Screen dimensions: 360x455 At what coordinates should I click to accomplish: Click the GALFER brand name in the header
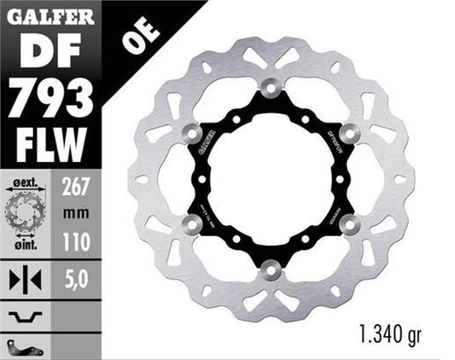[x=51, y=15]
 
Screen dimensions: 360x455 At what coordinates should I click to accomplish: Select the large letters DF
[x=50, y=51]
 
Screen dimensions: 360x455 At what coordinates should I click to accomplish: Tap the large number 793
[x=50, y=100]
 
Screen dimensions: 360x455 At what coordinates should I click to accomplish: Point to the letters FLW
[x=50, y=145]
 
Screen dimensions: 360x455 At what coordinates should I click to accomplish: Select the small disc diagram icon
[x=24, y=214]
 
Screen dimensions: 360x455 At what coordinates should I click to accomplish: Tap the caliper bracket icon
[x=24, y=345]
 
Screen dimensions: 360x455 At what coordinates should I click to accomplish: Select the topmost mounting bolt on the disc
[x=271, y=88]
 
